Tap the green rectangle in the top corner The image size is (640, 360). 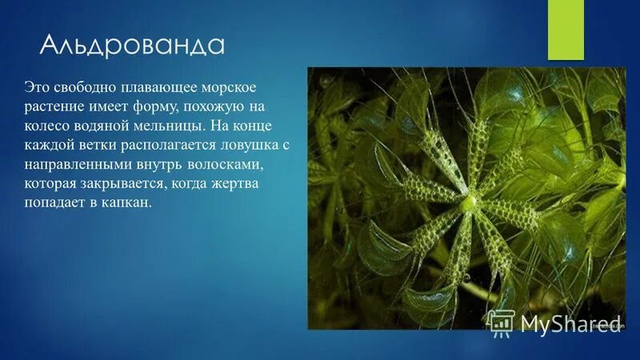[566, 29]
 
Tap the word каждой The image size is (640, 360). [50, 146]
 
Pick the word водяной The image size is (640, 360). [107, 126]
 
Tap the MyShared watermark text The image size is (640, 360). [571, 322]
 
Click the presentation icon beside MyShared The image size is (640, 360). [501, 322]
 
